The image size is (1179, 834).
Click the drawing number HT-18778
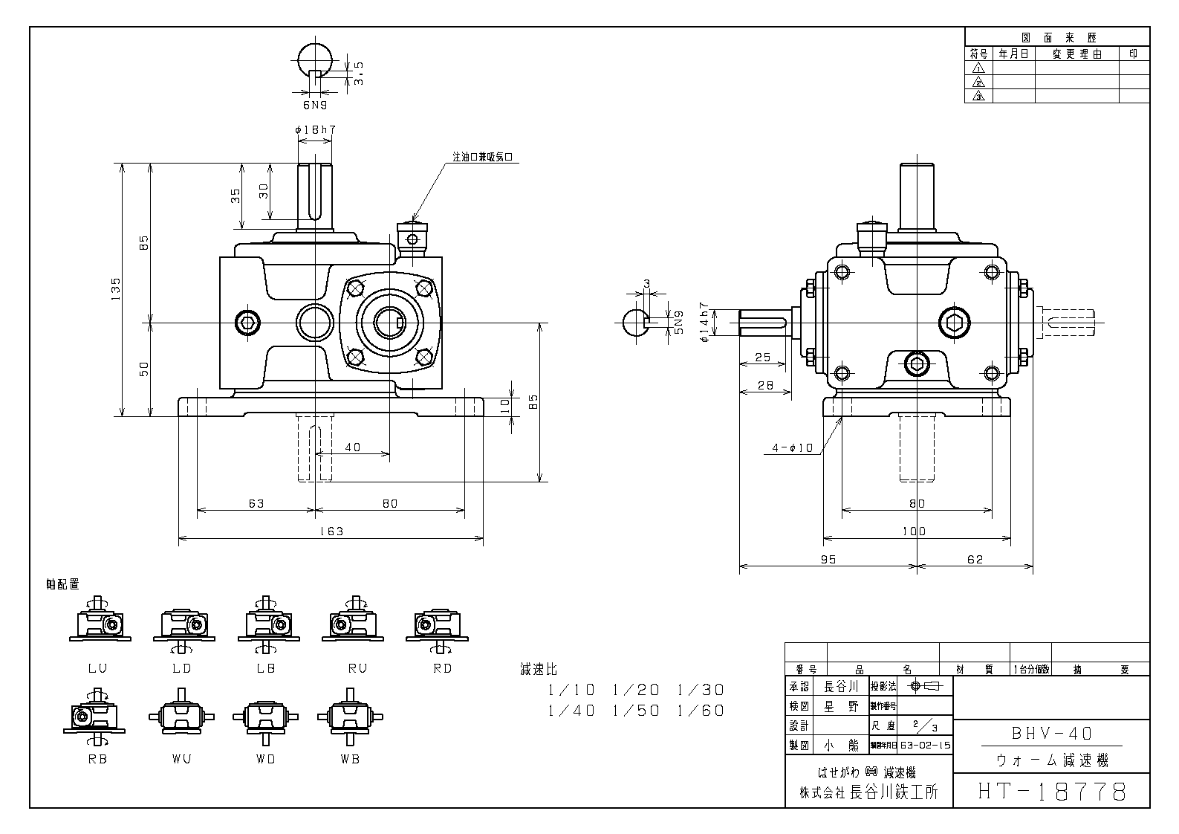[1051, 791]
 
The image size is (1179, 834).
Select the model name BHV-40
[1052, 734]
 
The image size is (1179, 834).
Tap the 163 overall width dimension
[331, 531]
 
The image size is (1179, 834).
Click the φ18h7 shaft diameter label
[316, 130]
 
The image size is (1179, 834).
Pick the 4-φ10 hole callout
[793, 448]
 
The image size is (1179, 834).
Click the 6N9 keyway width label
[315, 106]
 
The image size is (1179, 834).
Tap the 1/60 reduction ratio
[701, 711]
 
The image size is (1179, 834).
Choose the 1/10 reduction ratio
[571, 690]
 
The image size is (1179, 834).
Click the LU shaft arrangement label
[98, 668]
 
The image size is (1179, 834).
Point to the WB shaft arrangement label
[350, 759]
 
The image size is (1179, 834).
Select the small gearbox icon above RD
[437, 624]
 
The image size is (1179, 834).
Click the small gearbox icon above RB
[94, 715]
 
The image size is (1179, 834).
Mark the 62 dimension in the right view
[975, 559]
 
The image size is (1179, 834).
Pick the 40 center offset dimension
[352, 447]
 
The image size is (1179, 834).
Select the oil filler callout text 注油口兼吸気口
[483, 158]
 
